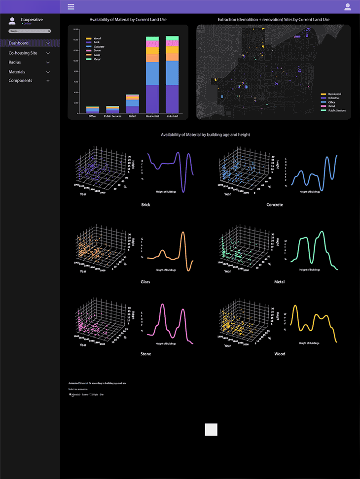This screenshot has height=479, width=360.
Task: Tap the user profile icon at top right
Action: click(348, 7)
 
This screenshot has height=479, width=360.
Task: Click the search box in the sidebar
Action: click(30, 31)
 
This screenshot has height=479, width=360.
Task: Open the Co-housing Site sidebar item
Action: click(23, 53)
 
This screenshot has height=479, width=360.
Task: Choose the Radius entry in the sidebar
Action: click(15, 63)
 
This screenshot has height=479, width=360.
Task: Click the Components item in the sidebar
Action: click(20, 81)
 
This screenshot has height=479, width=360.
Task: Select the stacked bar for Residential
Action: click(152, 74)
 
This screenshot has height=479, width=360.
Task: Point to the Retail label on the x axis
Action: click(132, 117)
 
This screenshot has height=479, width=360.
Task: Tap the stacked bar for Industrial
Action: click(172, 74)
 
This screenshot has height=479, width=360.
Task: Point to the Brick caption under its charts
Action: click(146, 205)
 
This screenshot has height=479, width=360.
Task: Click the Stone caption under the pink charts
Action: click(146, 354)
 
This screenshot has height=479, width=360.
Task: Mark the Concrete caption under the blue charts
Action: click(275, 205)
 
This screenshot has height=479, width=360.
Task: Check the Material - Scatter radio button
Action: click(70, 394)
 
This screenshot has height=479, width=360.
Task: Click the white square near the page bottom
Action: click(211, 429)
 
